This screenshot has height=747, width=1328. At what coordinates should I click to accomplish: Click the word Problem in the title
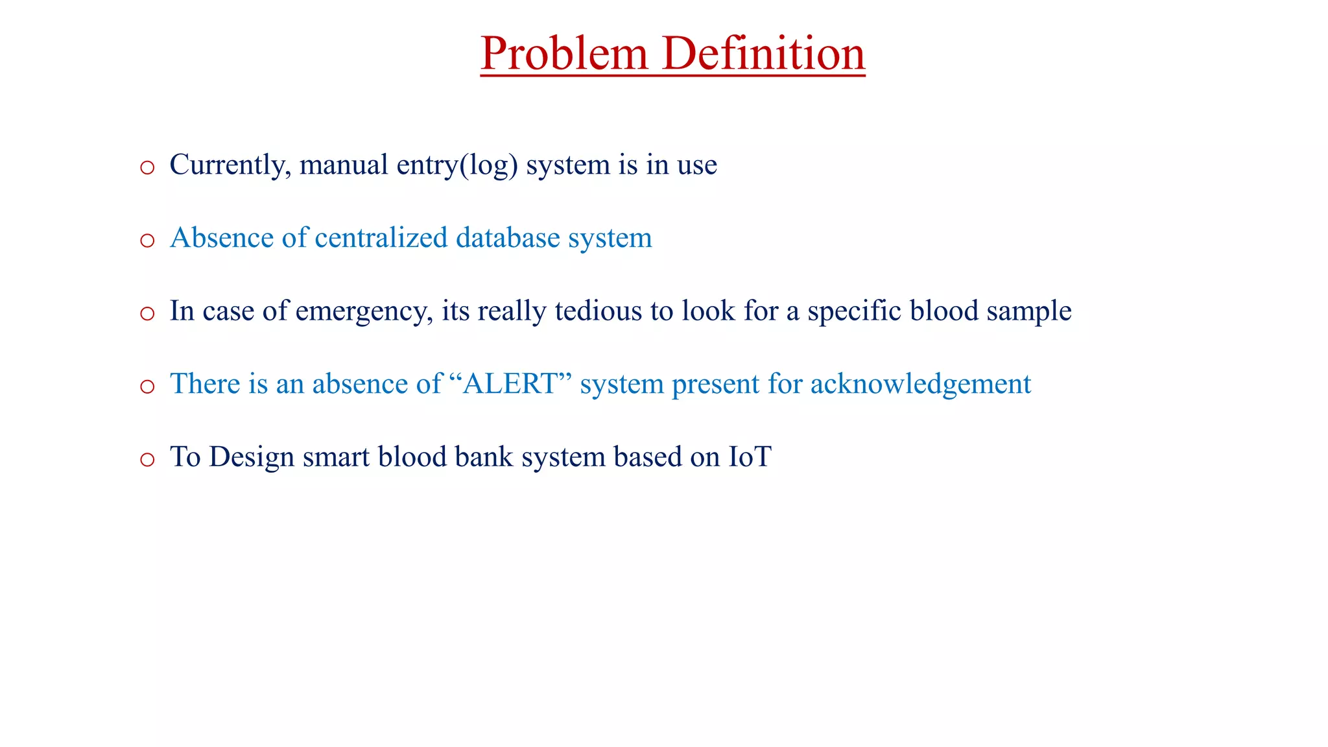564,53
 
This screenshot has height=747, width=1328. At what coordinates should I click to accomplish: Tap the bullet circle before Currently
147,167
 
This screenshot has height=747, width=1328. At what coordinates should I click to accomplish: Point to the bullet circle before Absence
147,241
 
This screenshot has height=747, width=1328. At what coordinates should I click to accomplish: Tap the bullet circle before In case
147,314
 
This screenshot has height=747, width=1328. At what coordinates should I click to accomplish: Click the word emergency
363,311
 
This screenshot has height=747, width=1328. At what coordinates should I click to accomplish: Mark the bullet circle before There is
147,387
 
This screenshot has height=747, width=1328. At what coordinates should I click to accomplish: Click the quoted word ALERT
510,384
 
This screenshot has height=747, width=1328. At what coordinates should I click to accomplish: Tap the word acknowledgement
920,384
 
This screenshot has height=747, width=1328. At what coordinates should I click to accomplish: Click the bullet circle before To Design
147,460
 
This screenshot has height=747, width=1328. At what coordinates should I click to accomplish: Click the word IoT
750,457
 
